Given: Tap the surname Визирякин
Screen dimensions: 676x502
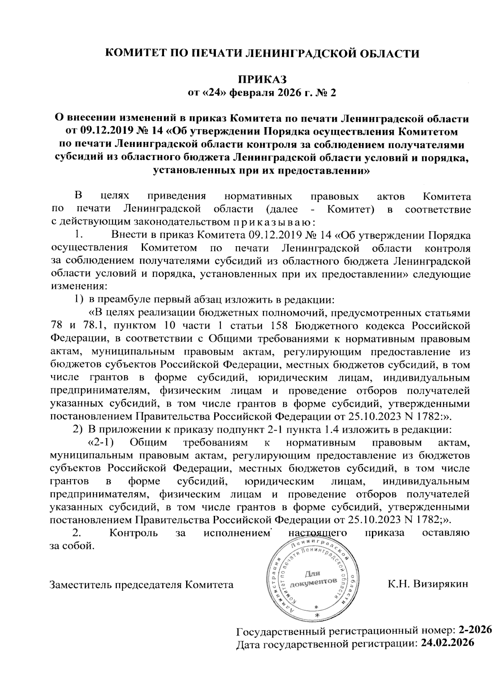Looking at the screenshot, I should click(x=441, y=584).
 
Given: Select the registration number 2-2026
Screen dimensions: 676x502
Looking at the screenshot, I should click(x=475, y=630).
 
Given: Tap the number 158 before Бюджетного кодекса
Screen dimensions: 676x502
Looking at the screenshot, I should click(x=279, y=326).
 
